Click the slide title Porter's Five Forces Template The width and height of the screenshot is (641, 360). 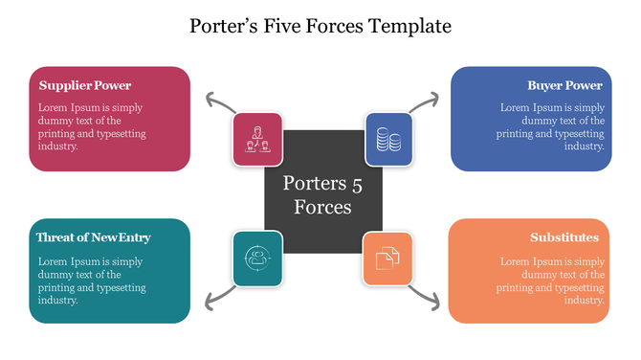320,26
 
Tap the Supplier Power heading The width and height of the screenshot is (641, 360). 85,85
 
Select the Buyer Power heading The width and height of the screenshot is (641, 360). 564,85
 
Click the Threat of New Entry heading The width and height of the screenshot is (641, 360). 93,236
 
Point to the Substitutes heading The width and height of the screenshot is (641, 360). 564,236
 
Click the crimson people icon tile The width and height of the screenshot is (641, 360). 257,138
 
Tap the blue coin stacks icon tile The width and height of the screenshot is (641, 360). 387,138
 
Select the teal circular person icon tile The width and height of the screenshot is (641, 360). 257,257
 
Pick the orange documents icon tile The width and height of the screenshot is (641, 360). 387,257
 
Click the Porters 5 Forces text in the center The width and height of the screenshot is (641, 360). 322,194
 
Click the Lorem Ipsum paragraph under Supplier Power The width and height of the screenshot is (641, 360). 92,127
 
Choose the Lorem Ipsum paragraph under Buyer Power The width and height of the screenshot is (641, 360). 553,127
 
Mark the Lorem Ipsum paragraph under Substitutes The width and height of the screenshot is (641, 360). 553,280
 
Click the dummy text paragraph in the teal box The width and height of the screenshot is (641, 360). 92,280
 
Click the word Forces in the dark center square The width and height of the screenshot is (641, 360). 322,207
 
